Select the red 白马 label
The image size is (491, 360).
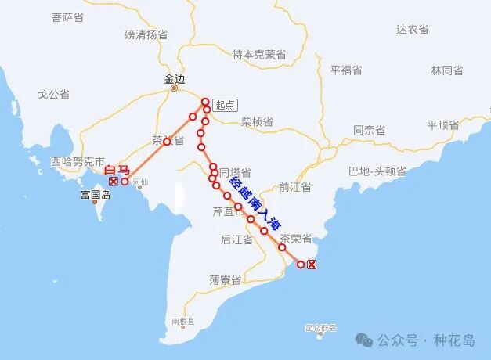[x=117, y=170]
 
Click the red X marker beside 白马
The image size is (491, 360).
[x=114, y=182]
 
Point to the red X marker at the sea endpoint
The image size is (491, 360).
[x=312, y=265]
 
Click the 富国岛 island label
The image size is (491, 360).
[x=95, y=195]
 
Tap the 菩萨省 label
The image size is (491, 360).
[x=67, y=17]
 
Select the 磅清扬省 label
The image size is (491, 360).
[x=146, y=34]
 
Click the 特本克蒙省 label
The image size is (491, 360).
[x=258, y=55]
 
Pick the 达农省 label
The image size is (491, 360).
[x=412, y=29]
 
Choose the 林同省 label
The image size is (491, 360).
[x=447, y=70]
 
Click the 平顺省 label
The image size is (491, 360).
[x=442, y=125]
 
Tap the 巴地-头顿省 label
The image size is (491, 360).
[x=377, y=171]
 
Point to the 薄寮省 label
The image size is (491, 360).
[x=225, y=279]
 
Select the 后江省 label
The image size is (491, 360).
[x=236, y=239]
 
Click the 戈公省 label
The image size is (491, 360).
[x=54, y=94]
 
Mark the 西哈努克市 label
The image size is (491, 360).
[x=77, y=163]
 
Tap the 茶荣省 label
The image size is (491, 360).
[x=296, y=238]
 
